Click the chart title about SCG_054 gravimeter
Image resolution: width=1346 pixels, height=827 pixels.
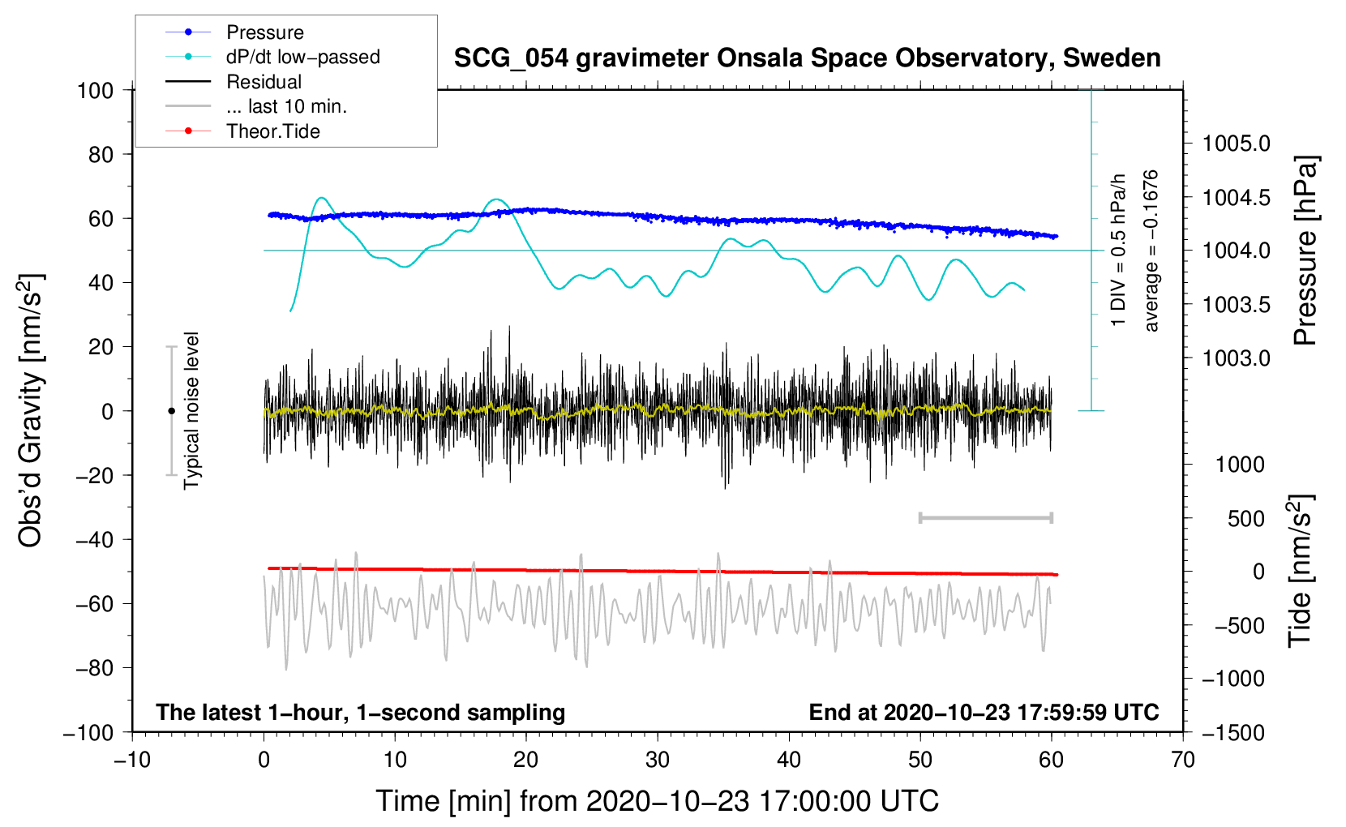pos(807,58)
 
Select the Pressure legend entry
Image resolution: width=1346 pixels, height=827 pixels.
pos(264,32)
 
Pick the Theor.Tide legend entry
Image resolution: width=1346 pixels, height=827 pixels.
pos(272,131)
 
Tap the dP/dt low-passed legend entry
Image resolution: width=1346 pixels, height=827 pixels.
pos(302,57)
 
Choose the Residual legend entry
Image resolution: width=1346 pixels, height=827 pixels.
pos(264,82)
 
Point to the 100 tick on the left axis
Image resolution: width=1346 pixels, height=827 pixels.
pos(95,90)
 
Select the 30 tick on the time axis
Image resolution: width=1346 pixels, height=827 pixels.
pos(658,760)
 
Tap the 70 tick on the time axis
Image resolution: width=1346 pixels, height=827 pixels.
pos(1183,760)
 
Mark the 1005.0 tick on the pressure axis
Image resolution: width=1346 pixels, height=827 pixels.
pos(1237,144)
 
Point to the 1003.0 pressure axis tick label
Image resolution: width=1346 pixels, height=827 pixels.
pos(1237,358)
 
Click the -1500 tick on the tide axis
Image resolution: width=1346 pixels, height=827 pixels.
pos(1233,732)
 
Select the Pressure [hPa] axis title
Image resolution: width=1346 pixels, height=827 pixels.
pos(1305,251)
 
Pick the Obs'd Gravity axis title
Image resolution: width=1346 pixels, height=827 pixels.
pos(31,411)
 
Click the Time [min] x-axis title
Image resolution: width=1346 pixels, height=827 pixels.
pos(657,801)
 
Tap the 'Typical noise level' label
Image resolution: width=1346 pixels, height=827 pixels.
pos(191,411)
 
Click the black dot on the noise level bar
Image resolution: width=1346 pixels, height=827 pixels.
pos(171,411)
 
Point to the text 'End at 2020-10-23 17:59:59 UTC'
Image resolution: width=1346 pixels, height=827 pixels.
pos(984,712)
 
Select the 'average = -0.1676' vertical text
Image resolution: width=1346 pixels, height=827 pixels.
pos(1151,251)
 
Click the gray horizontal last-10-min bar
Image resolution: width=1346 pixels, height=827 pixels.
pos(985,517)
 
